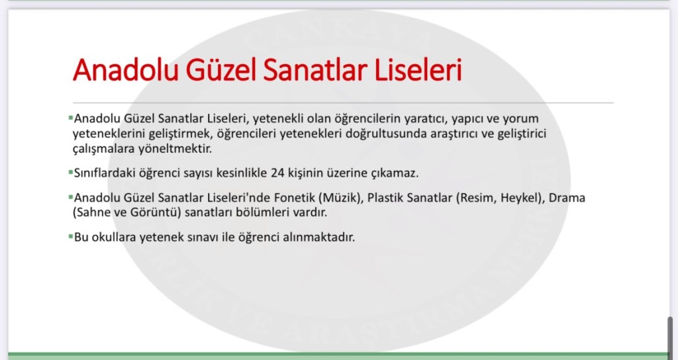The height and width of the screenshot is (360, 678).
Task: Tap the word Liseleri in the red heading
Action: pyautogui.click(x=418, y=69)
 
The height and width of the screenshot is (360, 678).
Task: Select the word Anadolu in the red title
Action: pyautogui.click(x=125, y=69)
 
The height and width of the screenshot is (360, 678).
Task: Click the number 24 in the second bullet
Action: pyautogui.click(x=277, y=173)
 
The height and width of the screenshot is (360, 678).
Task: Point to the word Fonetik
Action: pyautogui.click(x=295, y=197)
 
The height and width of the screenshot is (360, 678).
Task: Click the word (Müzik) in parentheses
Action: pyautogui.click(x=341, y=198)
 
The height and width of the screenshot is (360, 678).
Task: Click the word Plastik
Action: pyautogui.click(x=386, y=197)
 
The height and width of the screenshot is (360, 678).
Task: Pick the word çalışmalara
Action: pyautogui.click(x=104, y=149)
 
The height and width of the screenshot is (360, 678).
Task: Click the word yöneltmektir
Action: pyautogui.click(x=175, y=149)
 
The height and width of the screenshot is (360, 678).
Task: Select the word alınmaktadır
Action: pyautogui.click(x=318, y=238)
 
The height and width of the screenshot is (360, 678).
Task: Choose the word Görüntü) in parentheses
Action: pyautogui.click(x=155, y=212)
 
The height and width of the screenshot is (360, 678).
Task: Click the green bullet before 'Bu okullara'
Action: pyautogui.click(x=70, y=236)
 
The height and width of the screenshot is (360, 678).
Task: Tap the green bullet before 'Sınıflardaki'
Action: pyautogui.click(x=70, y=172)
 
